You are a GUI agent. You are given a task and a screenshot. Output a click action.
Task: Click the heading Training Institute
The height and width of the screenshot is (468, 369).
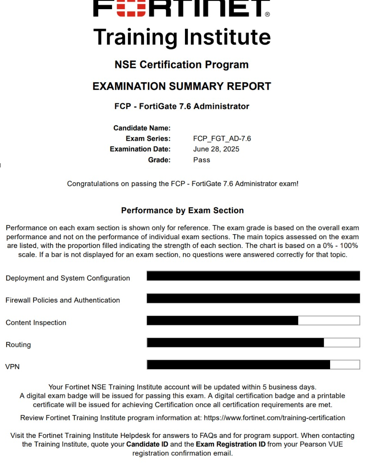coord(182,37)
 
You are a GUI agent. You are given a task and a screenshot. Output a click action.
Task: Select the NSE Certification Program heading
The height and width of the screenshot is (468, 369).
coord(182,65)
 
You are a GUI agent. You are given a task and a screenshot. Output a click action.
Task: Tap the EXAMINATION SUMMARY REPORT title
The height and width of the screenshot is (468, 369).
coord(182,86)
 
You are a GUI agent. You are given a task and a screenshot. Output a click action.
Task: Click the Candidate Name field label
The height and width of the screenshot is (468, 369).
coord(142,128)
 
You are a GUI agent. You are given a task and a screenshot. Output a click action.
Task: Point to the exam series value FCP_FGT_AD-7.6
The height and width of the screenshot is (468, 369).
coord(222,139)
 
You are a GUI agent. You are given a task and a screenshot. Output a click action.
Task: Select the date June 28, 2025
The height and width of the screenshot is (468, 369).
coord(216,149)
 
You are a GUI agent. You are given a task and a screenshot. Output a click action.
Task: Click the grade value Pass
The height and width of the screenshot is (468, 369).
coord(202,159)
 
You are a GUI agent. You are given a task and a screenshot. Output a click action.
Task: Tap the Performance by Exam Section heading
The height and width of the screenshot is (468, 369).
coord(182,210)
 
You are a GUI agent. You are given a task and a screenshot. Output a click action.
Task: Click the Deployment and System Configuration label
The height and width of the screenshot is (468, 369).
coord(68,278)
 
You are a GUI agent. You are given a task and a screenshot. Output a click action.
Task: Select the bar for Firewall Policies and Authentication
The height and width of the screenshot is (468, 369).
coord(253,298)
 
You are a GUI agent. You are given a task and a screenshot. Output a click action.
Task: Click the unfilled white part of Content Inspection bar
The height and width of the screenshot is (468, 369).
coord(329,321)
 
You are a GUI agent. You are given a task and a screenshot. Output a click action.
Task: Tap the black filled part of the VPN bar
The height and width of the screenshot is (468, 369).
coord(238,364)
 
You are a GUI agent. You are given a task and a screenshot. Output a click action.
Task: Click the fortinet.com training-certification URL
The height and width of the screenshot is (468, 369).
coord(274,417)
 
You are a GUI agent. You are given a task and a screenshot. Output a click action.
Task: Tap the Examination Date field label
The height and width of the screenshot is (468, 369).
coord(140,149)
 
